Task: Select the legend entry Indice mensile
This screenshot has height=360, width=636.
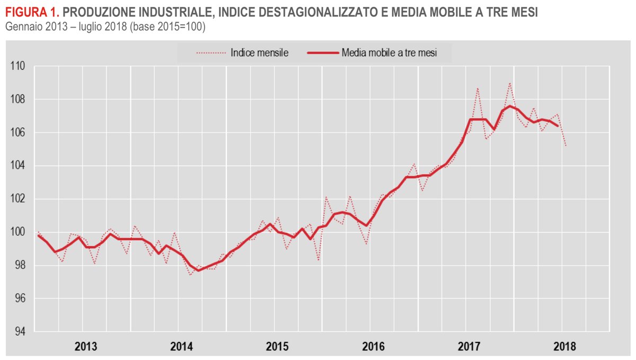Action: [259, 52]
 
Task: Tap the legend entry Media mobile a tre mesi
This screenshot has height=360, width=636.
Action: [389, 52]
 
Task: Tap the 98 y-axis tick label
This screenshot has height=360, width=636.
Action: [21, 266]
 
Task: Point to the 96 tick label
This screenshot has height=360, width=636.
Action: [21, 299]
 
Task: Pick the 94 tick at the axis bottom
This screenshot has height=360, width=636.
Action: [21, 332]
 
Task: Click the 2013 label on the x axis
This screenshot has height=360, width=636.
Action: [85, 347]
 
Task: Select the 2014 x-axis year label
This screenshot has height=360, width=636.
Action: [181, 347]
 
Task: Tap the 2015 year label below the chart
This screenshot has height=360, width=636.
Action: [277, 347]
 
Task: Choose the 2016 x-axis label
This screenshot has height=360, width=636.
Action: [373, 347]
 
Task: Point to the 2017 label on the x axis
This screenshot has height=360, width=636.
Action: [469, 347]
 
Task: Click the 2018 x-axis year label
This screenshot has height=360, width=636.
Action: [564, 347]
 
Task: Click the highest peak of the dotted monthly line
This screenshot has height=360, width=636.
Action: [510, 83]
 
